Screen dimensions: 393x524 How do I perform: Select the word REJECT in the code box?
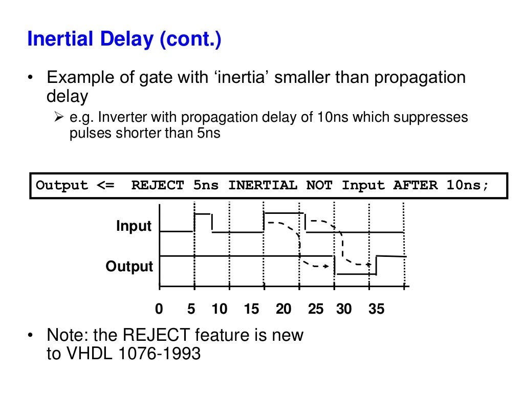157,185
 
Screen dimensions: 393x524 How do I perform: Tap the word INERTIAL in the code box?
262,185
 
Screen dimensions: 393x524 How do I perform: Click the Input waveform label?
134,226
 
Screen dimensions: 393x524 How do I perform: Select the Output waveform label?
129,267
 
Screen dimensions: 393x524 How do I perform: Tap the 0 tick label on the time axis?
159,309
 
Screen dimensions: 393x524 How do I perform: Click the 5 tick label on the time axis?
191,309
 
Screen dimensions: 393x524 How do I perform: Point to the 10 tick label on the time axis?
220,309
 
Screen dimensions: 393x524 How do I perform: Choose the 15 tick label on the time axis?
251,309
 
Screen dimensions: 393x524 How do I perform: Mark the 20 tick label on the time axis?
283,309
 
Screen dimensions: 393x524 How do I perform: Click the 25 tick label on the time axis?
316,309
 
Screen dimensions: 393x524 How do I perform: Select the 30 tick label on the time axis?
344,309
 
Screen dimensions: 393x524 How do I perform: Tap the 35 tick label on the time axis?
376,309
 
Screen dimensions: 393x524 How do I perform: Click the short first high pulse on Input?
203,214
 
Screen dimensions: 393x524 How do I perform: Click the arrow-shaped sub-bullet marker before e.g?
58,118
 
